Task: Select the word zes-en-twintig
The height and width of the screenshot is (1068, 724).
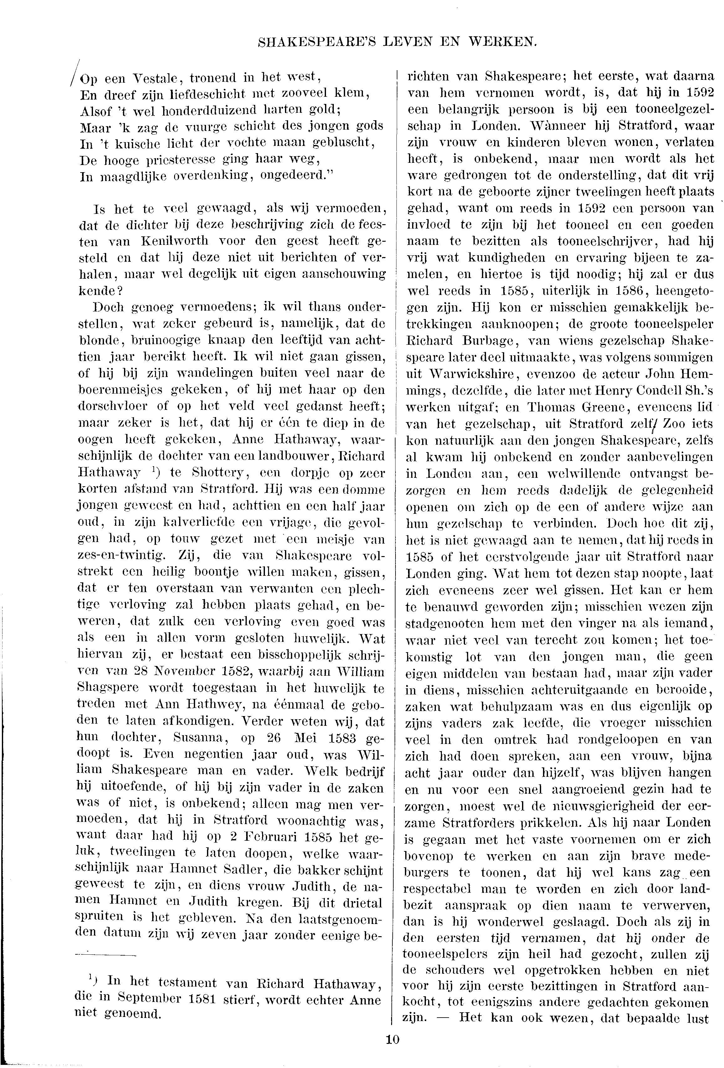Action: click(x=122, y=556)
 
